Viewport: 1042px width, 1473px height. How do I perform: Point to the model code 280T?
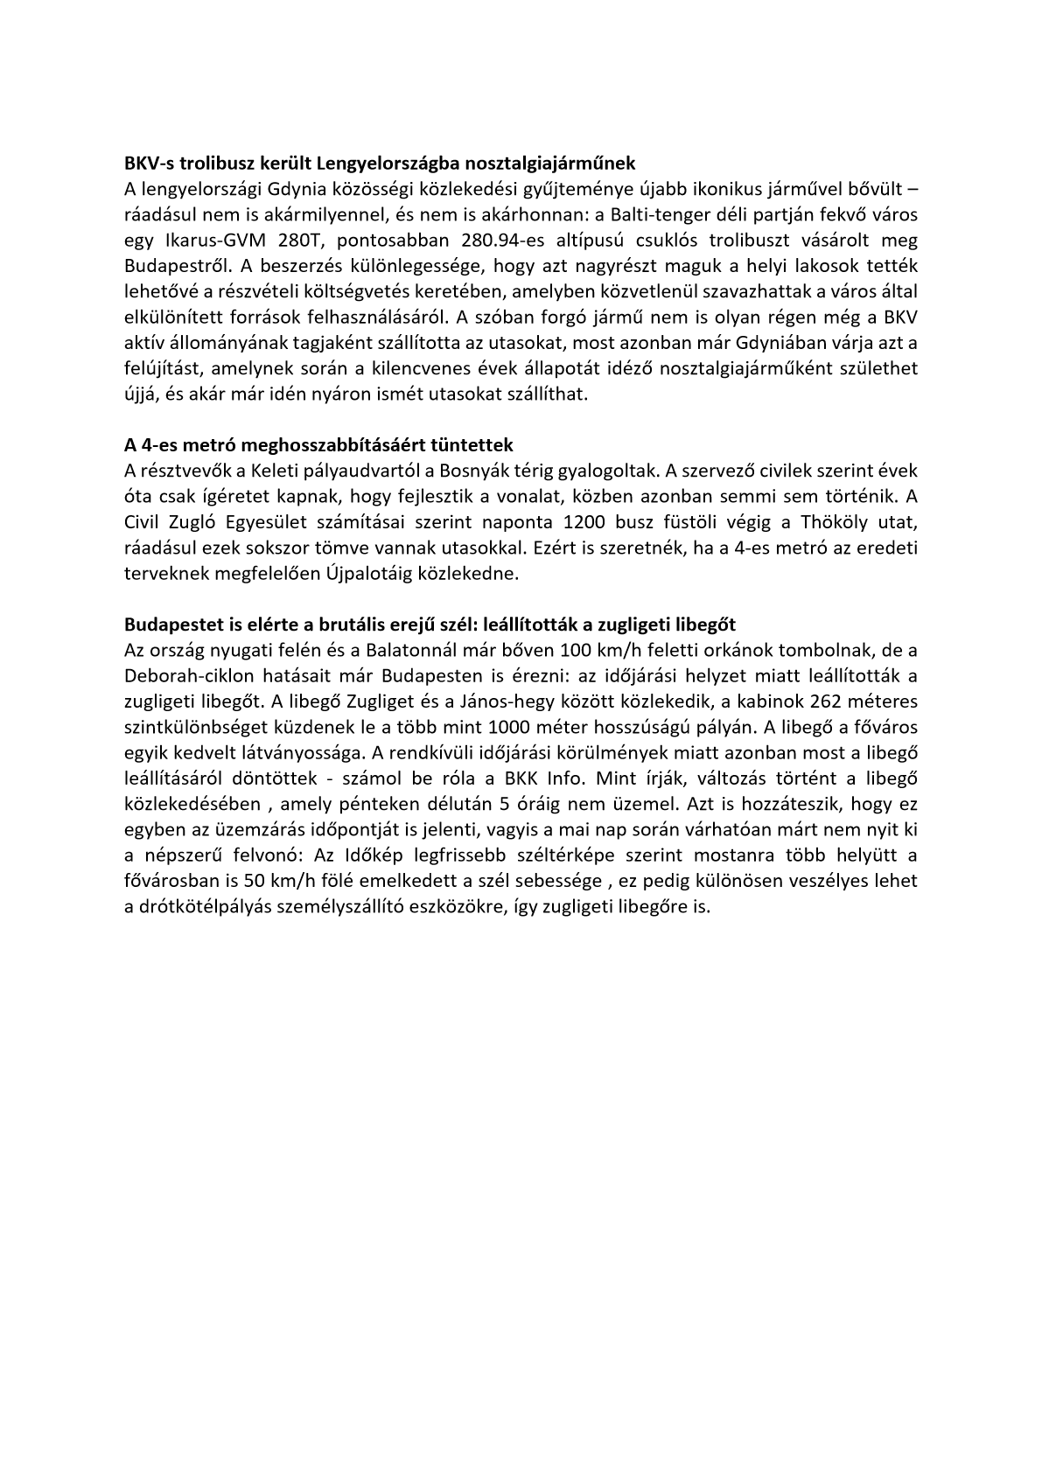pos(300,240)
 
